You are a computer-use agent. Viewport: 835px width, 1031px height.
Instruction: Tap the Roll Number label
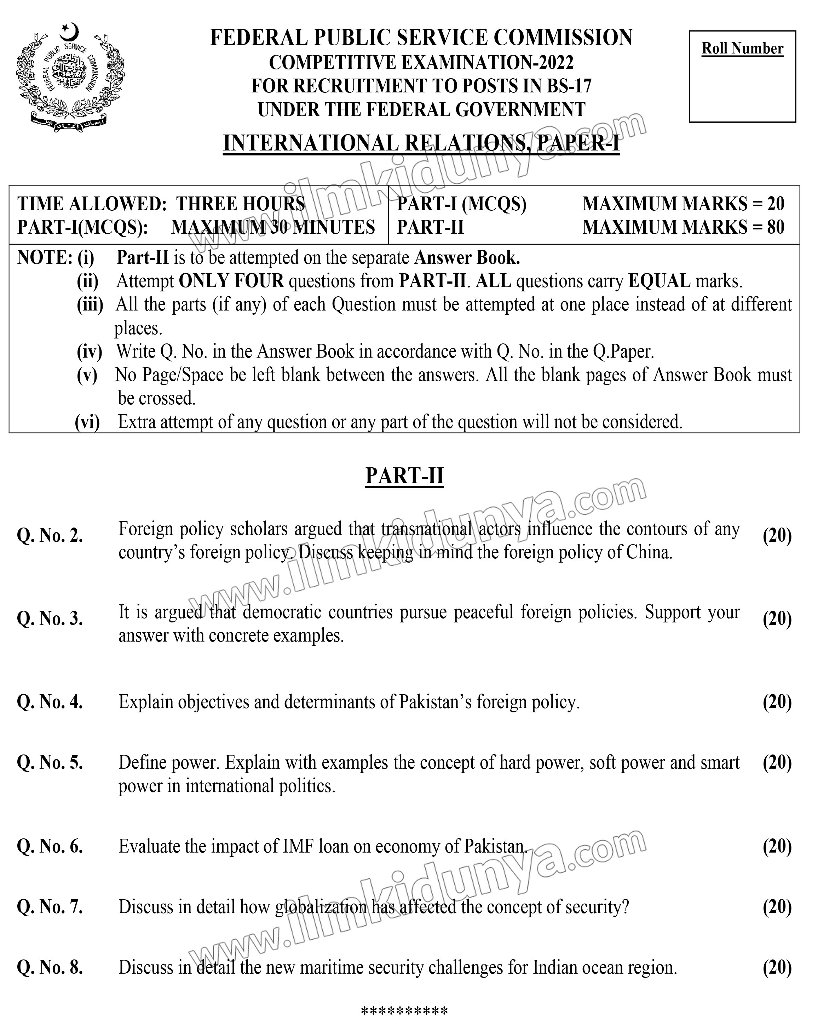[742, 49]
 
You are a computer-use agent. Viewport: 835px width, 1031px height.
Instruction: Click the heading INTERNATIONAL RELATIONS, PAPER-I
[421, 143]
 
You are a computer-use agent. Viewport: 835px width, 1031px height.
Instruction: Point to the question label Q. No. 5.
[50, 762]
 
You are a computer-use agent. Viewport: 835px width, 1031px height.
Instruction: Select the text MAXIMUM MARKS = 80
[683, 227]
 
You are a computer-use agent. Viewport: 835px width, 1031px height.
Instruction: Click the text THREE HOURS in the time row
[241, 204]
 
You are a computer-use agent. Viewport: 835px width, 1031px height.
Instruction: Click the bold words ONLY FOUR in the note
[231, 281]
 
